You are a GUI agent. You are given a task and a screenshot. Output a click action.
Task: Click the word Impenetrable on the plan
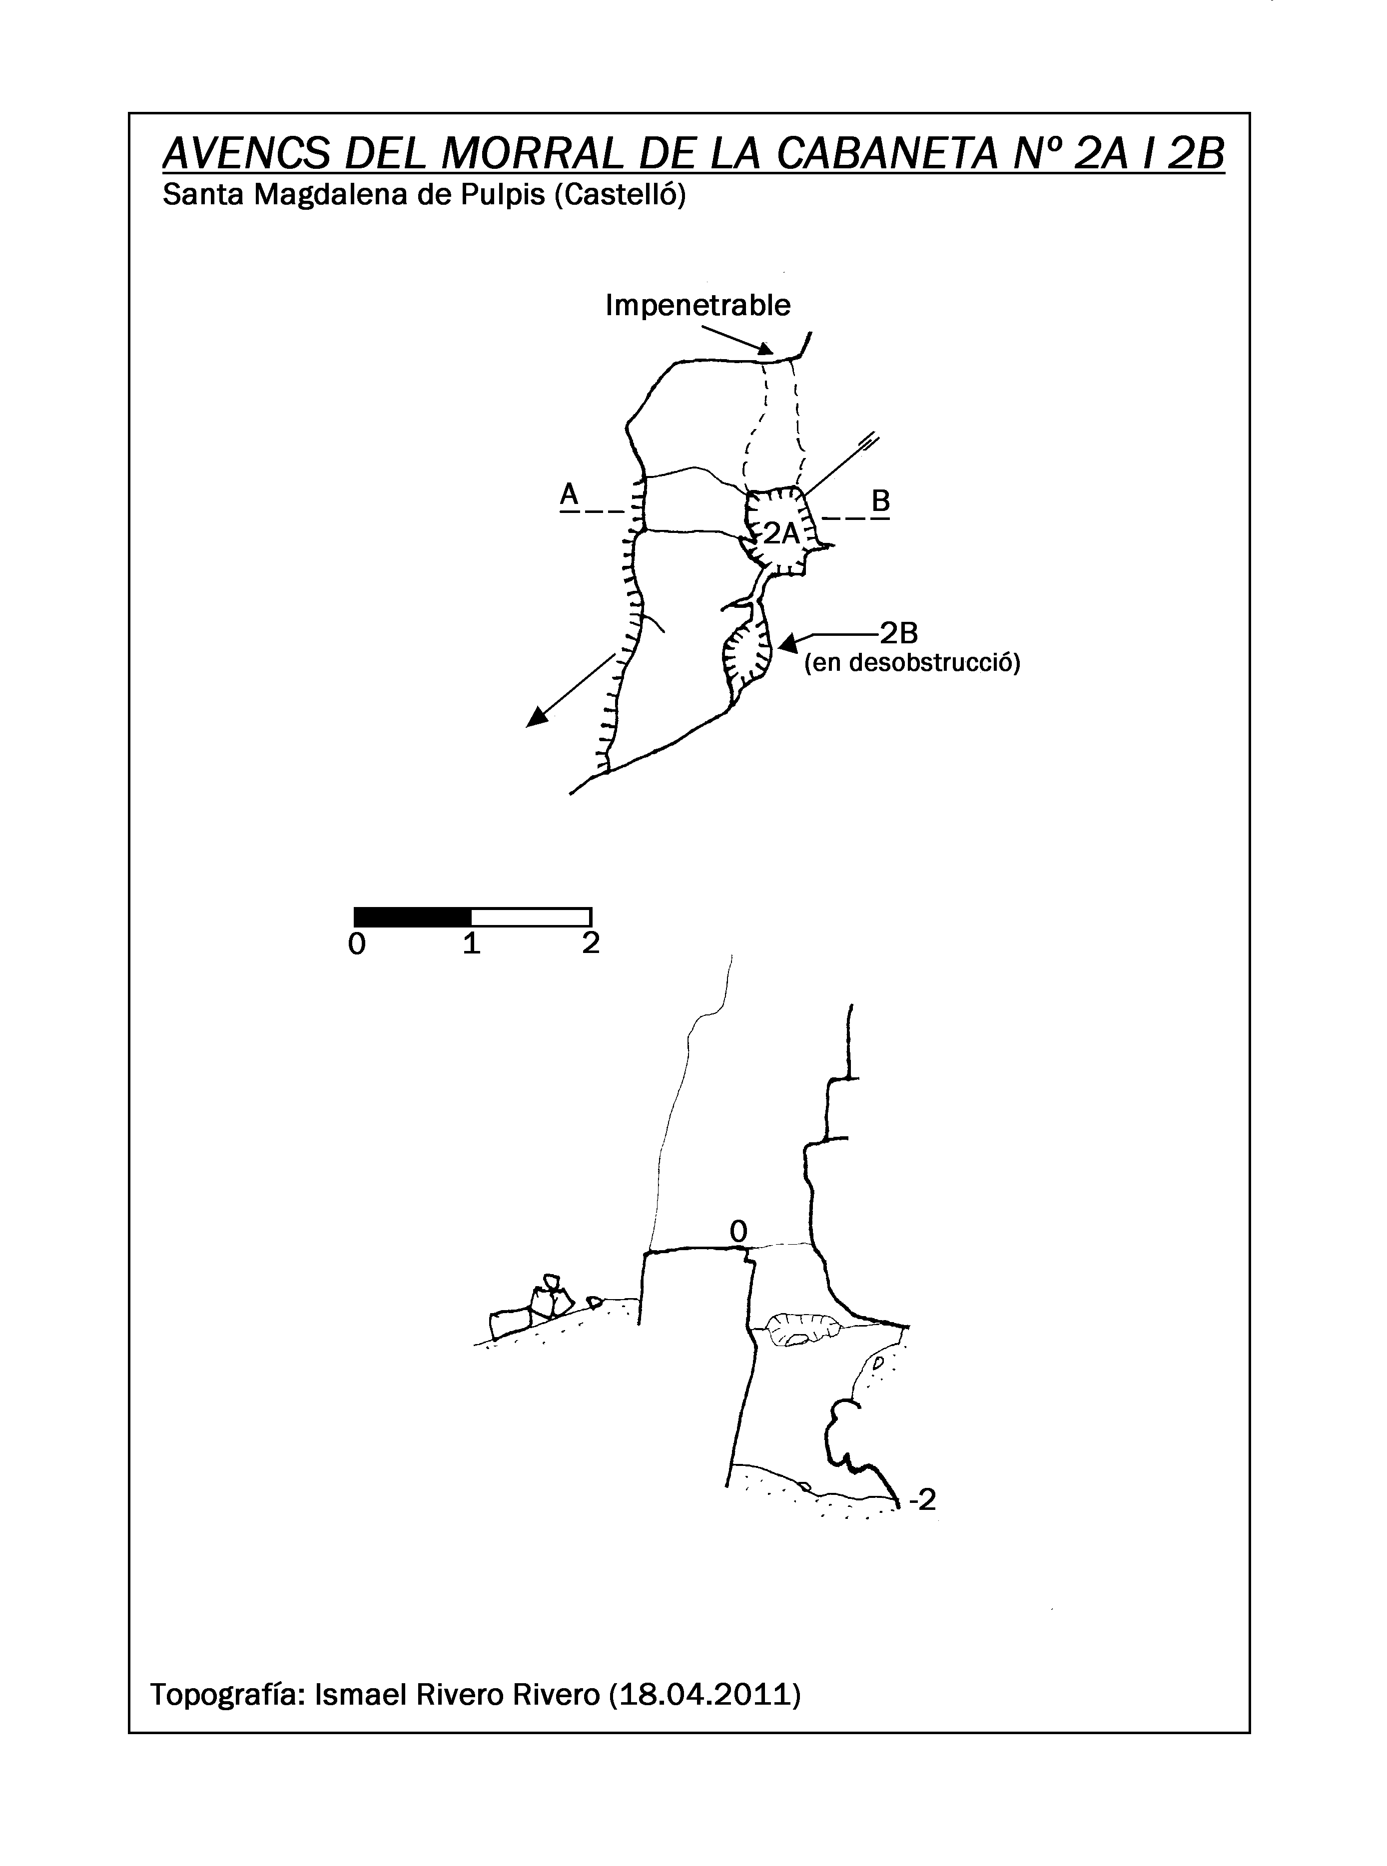pos(697,305)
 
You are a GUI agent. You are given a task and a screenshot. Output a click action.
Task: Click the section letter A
pos(569,494)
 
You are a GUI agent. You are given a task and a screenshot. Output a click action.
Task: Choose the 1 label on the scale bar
pos(472,943)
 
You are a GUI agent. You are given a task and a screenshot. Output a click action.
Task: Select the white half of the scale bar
pos(532,916)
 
